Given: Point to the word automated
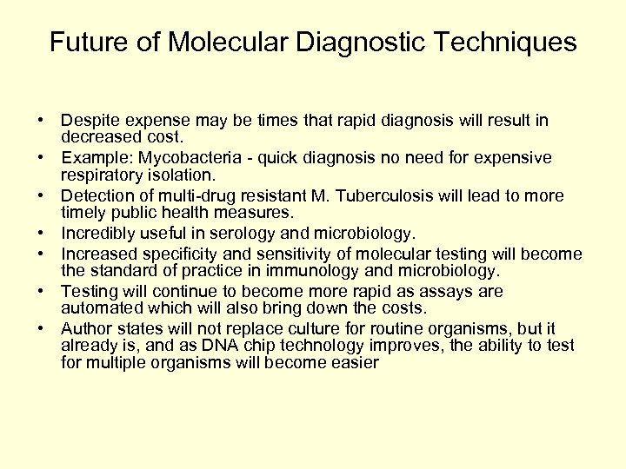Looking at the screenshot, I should point(97,308).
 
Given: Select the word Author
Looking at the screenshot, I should point(85,328).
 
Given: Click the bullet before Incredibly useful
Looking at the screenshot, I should point(42,234).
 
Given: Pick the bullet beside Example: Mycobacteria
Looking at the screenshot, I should point(42,158).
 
